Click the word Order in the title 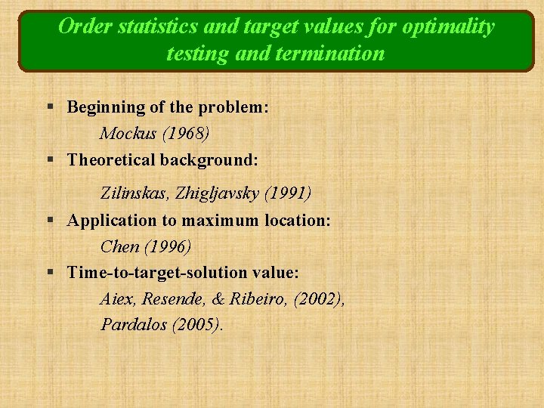[81, 27]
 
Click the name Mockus [126, 134]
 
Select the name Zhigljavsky [218, 193]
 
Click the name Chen [119, 246]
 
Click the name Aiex [116, 299]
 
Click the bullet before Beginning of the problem [49, 108]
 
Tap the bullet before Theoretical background [49, 161]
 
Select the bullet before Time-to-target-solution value [49, 273]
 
